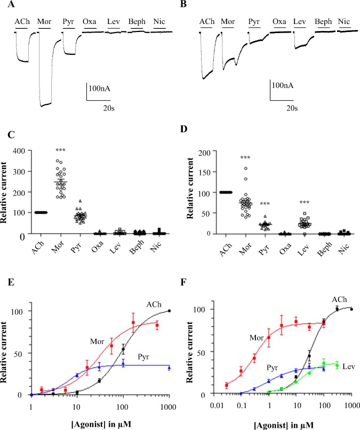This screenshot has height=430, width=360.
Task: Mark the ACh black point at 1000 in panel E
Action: (x=170, y=310)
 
